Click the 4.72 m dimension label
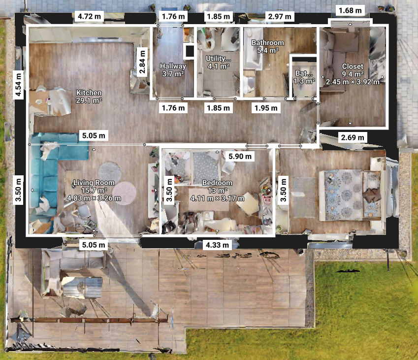[x=89, y=17]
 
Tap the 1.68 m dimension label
[x=350, y=11]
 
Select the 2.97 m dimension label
[x=280, y=17]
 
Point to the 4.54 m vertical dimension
[x=18, y=85]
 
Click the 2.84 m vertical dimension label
[x=142, y=62]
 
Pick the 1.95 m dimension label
[x=266, y=108]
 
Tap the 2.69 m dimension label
[x=353, y=137]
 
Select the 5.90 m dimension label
[x=240, y=156]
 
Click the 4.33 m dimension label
[x=217, y=245]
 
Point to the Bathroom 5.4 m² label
[x=268, y=46]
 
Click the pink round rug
[x=124, y=193]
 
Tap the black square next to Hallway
[x=190, y=51]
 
